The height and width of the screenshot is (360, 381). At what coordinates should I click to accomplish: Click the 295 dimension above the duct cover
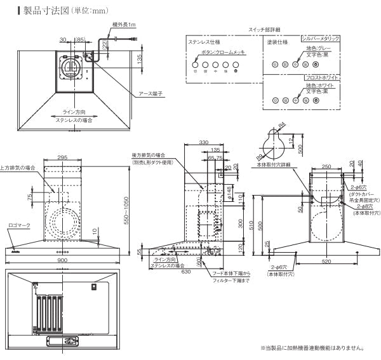[x=62, y=158]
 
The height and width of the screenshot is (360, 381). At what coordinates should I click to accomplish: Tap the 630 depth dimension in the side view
[x=186, y=272]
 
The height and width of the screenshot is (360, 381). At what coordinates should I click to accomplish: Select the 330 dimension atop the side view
[x=203, y=143]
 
